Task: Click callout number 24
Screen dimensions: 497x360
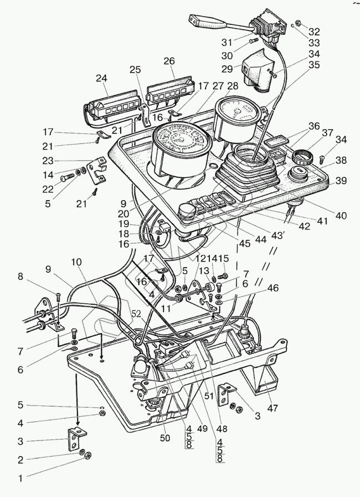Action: [101, 79]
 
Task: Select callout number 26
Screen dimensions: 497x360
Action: [169, 61]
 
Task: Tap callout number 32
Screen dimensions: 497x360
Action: [314, 32]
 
